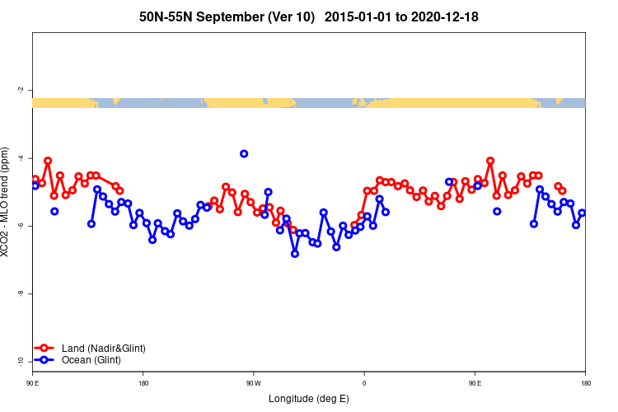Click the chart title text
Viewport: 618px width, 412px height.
coord(309,16)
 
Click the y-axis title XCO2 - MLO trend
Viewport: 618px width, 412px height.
coord(7,202)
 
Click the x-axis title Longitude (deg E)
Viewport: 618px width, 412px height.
coord(309,399)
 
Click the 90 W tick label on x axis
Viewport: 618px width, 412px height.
coord(253,383)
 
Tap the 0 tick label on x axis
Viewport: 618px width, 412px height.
coord(364,383)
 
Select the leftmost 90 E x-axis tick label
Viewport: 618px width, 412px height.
coord(33,383)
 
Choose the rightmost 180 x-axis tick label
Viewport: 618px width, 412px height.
coord(585,383)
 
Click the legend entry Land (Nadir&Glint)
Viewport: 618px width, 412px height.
coord(103,349)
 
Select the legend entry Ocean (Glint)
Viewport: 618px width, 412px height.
coord(91,360)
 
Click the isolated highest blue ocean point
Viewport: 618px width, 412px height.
coord(244,154)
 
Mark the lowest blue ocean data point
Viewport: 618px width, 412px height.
coord(295,254)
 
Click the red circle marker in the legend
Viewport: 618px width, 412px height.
coord(45,349)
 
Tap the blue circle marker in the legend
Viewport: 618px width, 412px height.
coord(45,360)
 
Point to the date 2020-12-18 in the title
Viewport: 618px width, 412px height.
coord(439,16)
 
